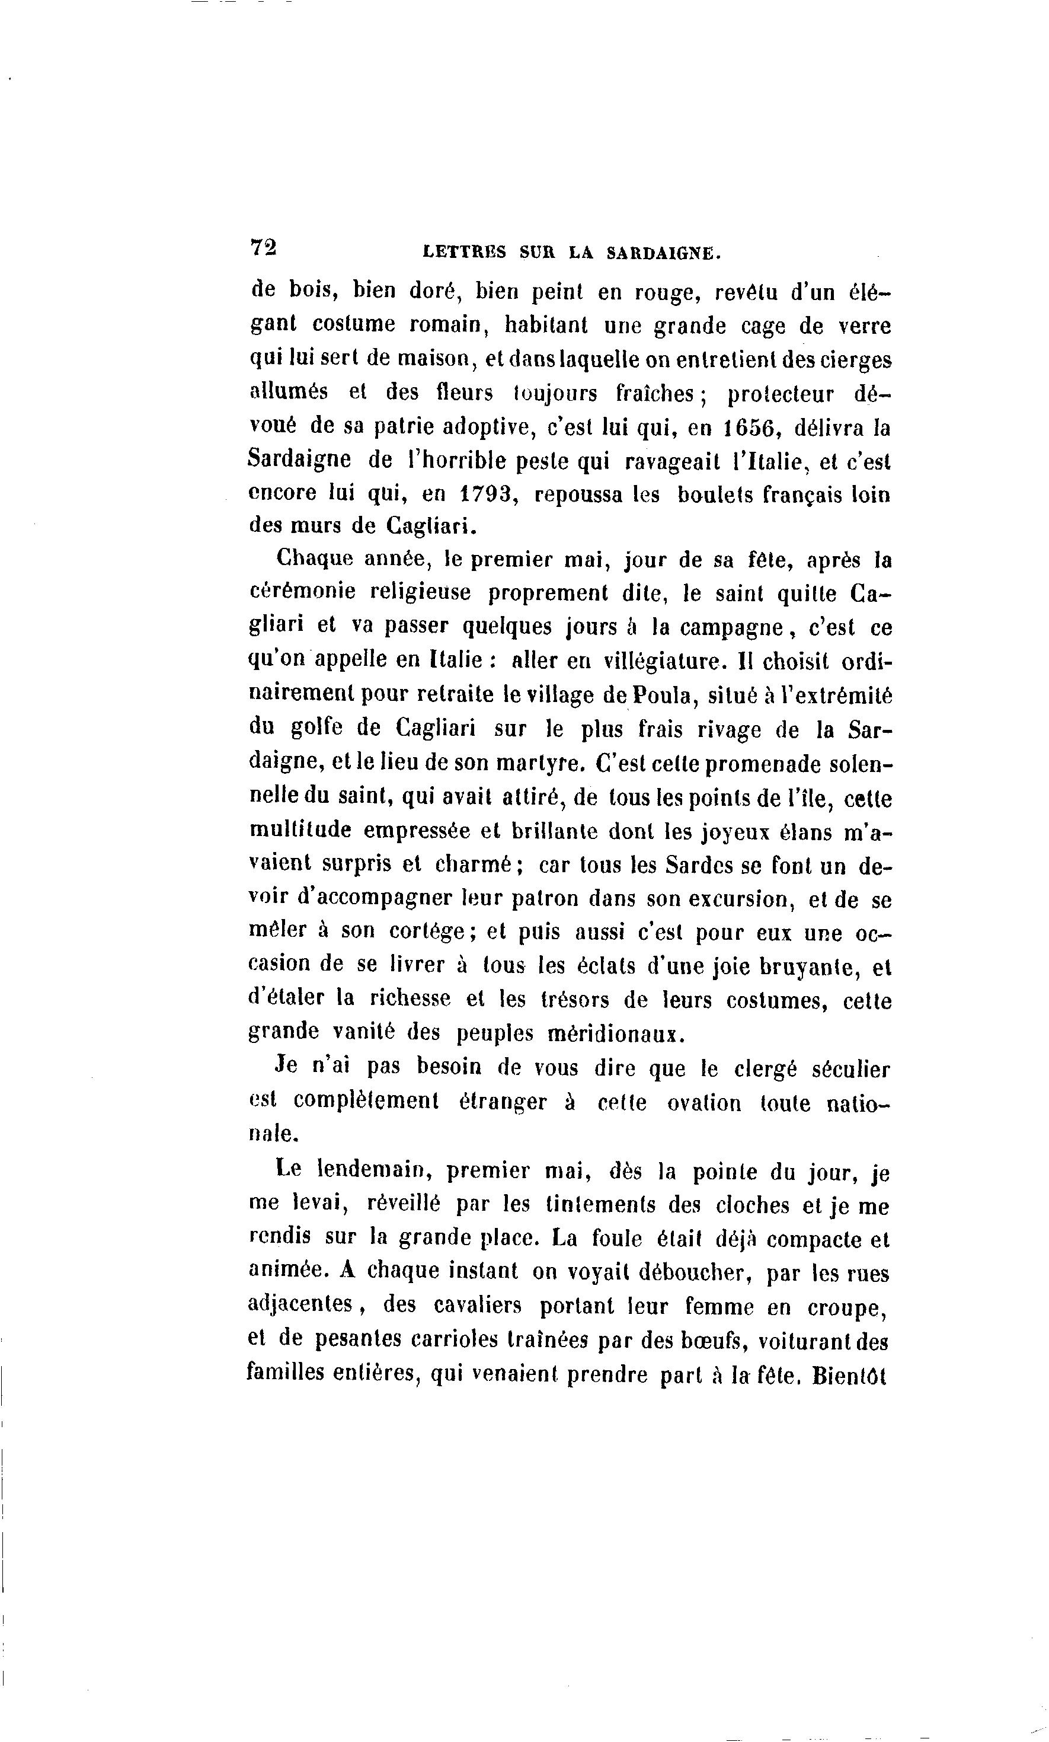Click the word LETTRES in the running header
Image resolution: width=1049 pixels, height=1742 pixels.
coord(463,253)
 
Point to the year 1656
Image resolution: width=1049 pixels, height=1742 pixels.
coord(749,429)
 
